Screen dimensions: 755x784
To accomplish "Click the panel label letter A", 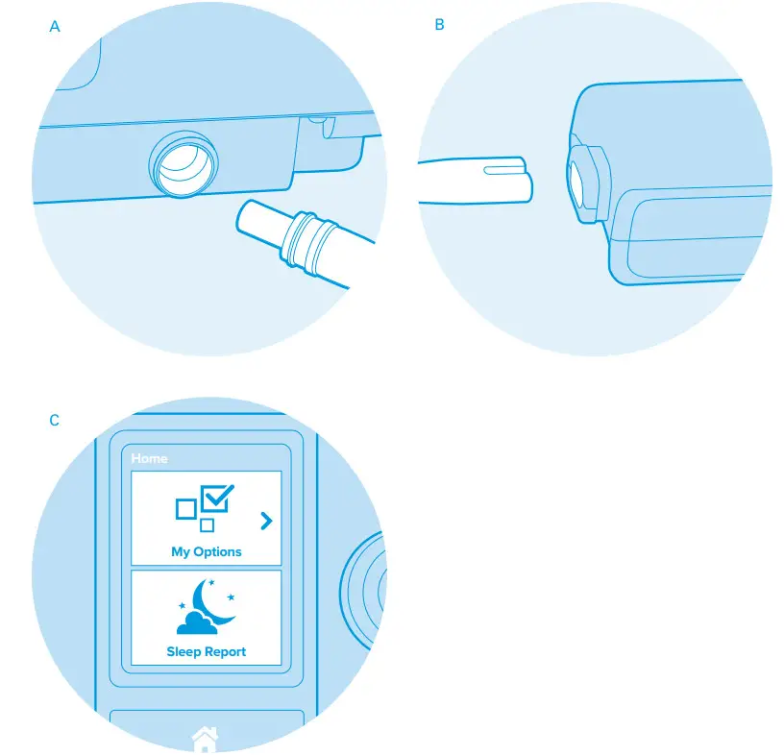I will (55, 27).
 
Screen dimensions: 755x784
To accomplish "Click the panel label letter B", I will (440, 25).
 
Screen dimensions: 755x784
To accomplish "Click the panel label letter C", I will (55, 421).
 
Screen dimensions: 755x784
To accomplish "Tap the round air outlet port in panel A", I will (183, 162).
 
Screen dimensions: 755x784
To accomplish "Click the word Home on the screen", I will (149, 458).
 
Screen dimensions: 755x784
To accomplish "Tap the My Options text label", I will (206, 551).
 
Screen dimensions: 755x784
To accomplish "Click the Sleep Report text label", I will (206, 651).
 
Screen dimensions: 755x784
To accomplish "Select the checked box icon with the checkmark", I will (215, 499).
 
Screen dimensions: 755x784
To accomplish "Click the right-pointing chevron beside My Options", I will (266, 522).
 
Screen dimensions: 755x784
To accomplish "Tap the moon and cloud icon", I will (207, 607).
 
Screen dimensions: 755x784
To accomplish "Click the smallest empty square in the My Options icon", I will (207, 525).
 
